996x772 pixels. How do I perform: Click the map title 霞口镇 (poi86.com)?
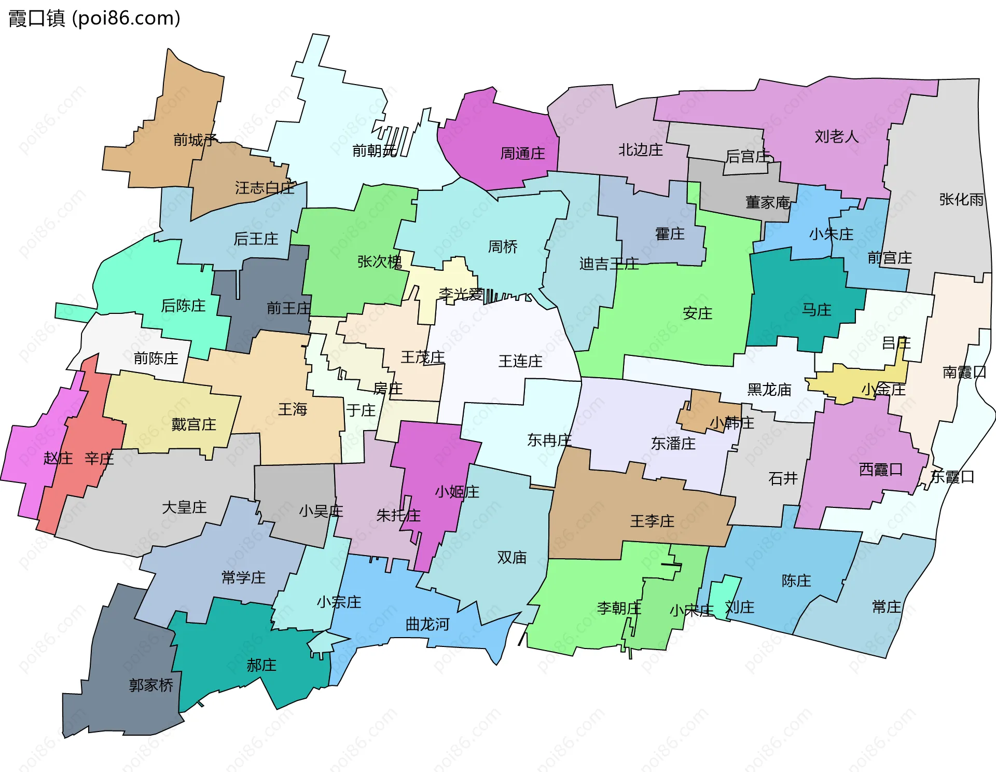94,18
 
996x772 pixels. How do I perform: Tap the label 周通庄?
522,154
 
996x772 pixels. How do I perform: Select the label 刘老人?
836,136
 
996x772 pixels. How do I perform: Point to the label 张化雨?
961,199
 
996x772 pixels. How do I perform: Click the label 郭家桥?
151,685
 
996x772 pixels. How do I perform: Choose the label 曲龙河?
427,624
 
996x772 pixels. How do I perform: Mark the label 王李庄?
652,521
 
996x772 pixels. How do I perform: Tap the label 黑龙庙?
769,390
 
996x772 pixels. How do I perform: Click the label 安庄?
697,313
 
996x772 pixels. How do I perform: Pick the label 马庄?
817,310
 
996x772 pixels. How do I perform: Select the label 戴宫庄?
193,424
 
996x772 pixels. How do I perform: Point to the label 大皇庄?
184,507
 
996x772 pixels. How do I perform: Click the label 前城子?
195,140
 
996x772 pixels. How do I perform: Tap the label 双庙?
511,557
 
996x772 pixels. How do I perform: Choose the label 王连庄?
520,361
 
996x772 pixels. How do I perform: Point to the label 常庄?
886,606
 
